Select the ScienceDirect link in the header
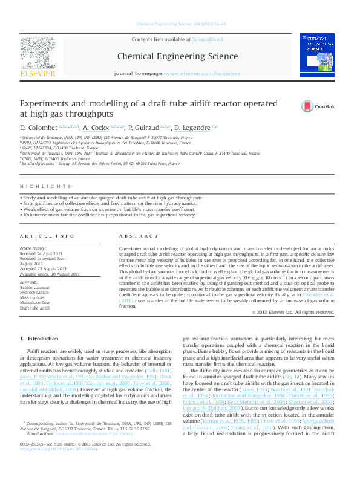208,39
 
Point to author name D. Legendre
192,128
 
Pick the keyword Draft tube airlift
36,308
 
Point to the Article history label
33,248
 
